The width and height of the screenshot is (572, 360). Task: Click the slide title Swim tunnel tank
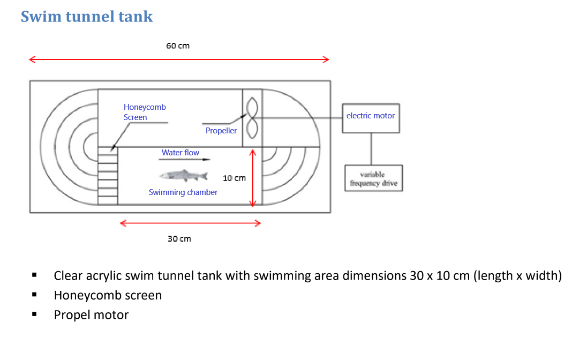point(87,17)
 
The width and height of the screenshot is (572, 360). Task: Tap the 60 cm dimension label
point(178,46)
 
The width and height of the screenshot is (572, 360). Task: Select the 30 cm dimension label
point(179,238)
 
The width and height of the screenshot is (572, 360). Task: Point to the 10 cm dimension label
point(234,178)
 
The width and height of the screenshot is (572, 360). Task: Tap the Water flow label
point(180,153)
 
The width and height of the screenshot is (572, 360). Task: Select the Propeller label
point(221,131)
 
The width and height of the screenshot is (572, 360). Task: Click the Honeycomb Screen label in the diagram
point(145,112)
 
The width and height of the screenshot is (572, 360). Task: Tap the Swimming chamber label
point(183,192)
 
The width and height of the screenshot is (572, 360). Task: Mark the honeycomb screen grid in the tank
point(107,175)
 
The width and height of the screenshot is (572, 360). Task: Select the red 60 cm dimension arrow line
point(179,59)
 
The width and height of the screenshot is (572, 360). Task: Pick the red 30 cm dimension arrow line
point(190,223)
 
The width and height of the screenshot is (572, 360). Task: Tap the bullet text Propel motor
point(91,314)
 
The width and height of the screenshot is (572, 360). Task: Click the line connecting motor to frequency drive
point(371,148)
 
